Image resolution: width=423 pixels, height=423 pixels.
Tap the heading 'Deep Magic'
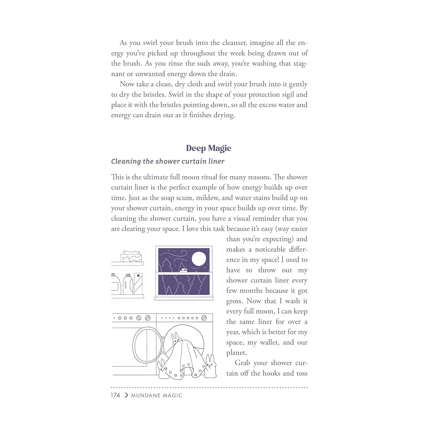click(x=209, y=148)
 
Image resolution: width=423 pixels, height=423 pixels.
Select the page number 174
click(x=115, y=395)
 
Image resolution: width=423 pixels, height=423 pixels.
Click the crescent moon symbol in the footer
click(x=126, y=395)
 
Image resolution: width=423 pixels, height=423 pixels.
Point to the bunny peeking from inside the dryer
click(x=176, y=338)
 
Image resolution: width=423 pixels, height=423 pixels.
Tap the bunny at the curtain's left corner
click(x=162, y=369)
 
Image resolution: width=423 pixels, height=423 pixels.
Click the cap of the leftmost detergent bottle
click(x=113, y=275)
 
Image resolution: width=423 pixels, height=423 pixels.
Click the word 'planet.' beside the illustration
click(x=236, y=353)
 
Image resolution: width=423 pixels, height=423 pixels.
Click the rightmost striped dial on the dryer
click(x=204, y=318)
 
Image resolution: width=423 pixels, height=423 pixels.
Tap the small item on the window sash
click(x=184, y=270)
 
